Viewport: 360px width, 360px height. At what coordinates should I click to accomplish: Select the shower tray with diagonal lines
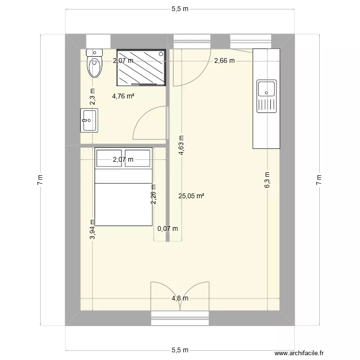click(x=142, y=68)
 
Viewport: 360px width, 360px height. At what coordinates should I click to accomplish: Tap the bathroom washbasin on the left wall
click(x=89, y=120)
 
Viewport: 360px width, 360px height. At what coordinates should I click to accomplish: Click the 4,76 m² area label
click(x=123, y=96)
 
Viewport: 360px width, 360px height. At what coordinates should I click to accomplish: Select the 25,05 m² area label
click(x=192, y=196)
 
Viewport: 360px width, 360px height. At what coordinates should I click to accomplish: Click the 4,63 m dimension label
click(x=182, y=144)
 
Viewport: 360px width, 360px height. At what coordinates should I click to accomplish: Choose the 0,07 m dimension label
click(x=168, y=228)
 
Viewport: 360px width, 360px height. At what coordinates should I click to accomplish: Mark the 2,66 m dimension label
click(x=224, y=60)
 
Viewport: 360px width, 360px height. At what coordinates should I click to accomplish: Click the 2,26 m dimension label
click(x=154, y=195)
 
